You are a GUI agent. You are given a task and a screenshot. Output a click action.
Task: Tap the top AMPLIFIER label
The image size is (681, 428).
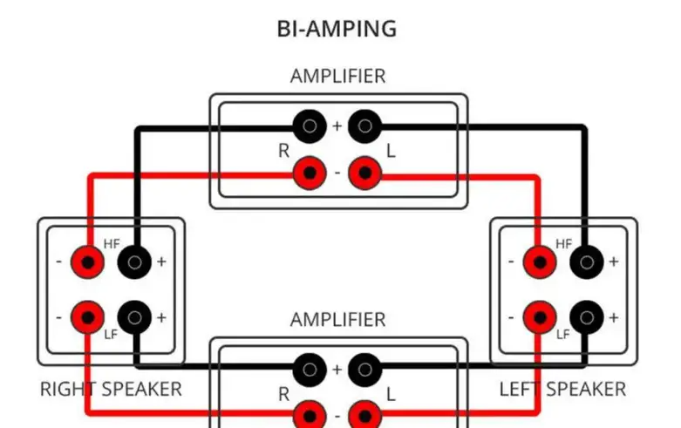click(337, 76)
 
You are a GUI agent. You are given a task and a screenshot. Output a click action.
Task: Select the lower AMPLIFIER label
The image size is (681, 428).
click(337, 319)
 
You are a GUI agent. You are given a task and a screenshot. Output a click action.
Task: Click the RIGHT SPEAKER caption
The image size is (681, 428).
click(111, 389)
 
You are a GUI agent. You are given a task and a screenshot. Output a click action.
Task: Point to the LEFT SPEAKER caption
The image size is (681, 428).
click(562, 389)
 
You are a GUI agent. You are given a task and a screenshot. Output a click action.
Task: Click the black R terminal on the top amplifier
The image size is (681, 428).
click(309, 127)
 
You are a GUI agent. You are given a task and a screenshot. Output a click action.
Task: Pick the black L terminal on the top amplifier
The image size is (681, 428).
click(364, 127)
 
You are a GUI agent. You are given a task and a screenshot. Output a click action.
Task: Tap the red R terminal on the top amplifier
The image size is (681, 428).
click(309, 173)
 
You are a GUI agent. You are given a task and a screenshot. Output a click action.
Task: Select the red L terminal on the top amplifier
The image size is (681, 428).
click(364, 173)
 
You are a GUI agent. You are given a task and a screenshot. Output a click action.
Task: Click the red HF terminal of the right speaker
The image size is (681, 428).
click(87, 261)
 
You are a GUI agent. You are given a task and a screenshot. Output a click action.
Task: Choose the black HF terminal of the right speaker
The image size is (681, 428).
click(134, 261)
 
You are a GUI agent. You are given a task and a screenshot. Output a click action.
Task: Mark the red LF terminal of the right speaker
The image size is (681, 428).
click(87, 317)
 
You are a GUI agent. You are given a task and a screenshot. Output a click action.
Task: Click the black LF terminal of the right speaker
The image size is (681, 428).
click(134, 317)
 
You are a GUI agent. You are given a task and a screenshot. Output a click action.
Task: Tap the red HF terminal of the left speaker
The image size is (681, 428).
click(539, 261)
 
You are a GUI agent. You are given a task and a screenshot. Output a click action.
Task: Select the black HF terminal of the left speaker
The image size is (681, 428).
click(587, 261)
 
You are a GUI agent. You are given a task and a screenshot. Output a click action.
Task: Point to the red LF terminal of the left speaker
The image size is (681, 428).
click(539, 317)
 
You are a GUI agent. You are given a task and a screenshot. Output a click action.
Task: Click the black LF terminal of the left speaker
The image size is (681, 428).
click(587, 317)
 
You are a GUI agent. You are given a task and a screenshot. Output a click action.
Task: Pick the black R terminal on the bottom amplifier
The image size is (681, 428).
click(309, 369)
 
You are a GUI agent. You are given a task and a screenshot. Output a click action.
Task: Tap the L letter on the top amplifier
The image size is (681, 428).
click(391, 151)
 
